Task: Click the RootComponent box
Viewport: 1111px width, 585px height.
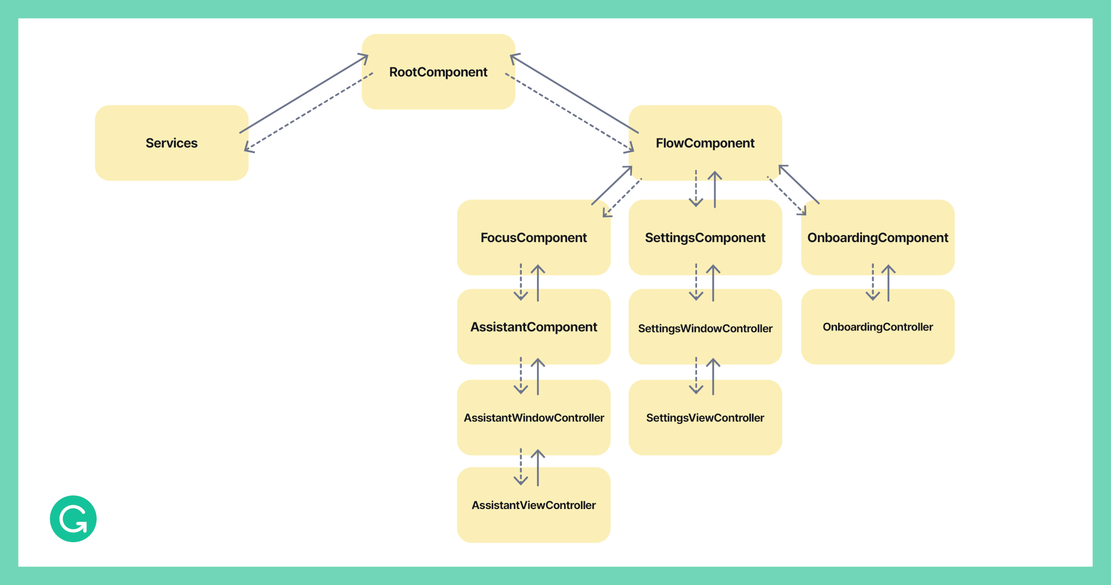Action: tap(438, 72)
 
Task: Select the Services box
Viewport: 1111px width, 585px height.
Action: tap(171, 143)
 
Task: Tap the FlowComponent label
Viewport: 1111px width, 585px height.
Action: tap(705, 143)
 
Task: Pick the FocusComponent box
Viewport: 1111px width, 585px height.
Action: tap(533, 238)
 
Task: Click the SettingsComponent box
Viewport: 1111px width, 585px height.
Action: tap(705, 238)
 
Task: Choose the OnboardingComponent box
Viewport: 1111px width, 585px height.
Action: tap(877, 238)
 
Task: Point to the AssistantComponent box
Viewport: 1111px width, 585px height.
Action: tap(533, 327)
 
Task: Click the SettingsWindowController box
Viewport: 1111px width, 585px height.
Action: tap(705, 328)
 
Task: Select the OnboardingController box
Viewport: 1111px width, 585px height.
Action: tap(877, 327)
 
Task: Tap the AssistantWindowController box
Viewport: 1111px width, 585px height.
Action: tap(533, 418)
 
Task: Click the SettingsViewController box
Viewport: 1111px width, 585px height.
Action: tap(705, 418)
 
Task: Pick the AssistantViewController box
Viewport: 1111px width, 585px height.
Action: tap(533, 505)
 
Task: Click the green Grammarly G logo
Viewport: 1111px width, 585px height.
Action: tap(73, 519)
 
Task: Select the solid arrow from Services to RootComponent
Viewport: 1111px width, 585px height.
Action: tap(304, 94)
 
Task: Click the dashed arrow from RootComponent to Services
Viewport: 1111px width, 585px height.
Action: tap(309, 111)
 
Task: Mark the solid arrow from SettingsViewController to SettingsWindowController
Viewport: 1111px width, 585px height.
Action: tap(713, 377)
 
